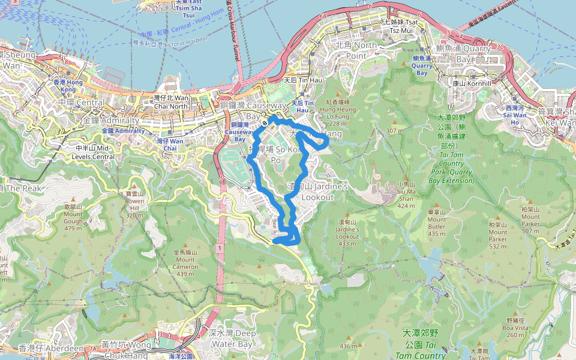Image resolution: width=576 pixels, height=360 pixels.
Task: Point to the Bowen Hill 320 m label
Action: pos(134,204)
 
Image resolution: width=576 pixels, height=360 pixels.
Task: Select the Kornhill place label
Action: pos(472,83)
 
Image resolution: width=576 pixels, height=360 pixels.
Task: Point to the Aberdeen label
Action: pos(51,349)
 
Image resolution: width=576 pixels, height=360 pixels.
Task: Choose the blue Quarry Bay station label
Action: pos(423,65)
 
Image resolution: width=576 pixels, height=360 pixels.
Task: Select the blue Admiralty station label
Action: pos(123,130)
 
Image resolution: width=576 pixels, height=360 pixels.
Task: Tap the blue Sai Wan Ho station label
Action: pos(515,115)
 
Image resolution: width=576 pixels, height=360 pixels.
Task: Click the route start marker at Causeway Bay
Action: pos(264,124)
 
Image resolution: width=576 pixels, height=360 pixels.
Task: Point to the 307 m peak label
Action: pos(395,131)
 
